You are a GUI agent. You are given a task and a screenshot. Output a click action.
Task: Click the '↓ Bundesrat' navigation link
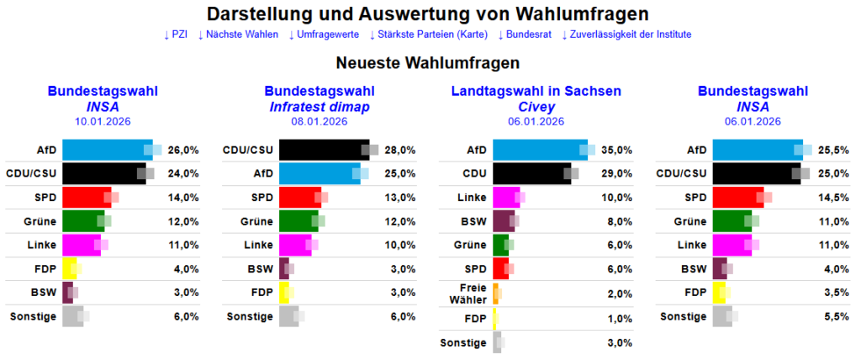(x=525, y=34)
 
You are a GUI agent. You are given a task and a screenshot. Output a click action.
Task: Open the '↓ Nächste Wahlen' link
(x=238, y=34)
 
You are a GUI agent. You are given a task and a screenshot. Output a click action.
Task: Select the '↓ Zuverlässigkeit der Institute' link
(x=626, y=34)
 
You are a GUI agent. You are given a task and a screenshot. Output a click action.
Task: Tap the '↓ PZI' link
(x=176, y=34)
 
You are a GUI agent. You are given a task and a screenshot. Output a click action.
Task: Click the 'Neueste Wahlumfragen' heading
(x=428, y=63)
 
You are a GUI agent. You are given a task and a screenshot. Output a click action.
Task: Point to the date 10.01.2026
(x=103, y=121)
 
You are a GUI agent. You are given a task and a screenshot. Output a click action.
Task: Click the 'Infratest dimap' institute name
(x=320, y=107)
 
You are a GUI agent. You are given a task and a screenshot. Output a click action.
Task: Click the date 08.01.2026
(x=320, y=121)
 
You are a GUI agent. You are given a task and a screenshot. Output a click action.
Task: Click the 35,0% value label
(x=615, y=151)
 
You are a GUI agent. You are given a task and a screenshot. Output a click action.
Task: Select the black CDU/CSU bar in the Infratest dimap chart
(x=323, y=151)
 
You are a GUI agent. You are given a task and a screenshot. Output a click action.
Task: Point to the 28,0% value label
(x=400, y=151)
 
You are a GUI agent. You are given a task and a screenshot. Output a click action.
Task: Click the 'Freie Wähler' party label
(x=468, y=293)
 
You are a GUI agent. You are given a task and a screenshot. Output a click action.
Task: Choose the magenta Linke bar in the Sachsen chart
(x=504, y=198)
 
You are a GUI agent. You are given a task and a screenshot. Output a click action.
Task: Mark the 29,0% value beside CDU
(x=615, y=174)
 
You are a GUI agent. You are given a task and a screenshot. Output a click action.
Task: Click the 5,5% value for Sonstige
(x=834, y=316)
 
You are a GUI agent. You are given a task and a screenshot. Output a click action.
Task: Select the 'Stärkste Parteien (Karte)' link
(x=429, y=34)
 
